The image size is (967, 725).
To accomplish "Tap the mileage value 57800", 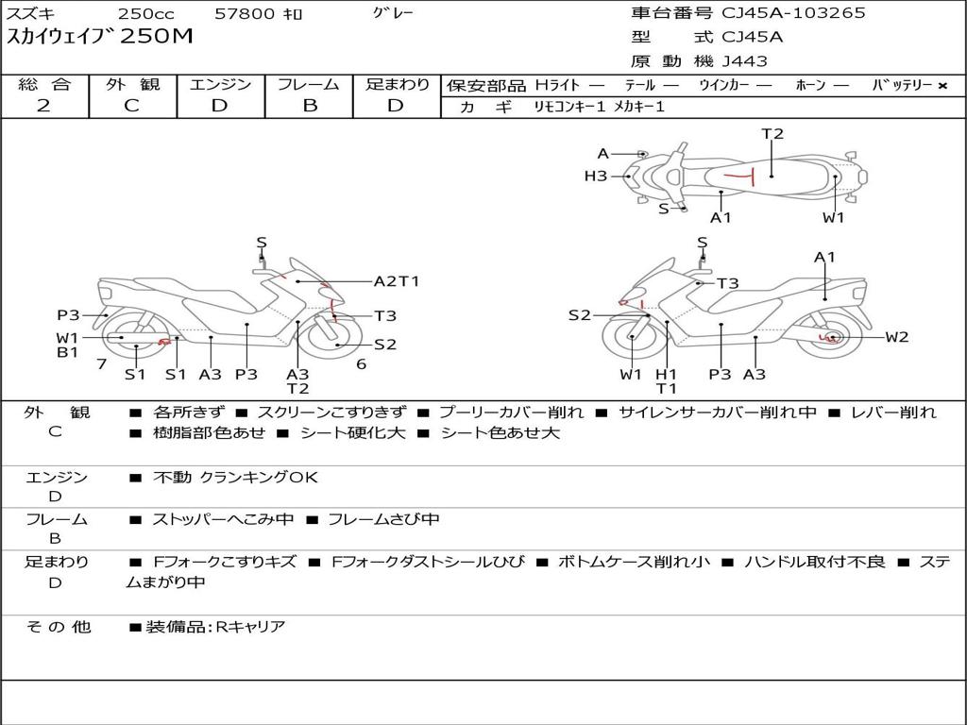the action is [245, 14].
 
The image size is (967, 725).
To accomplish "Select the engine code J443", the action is [745, 61].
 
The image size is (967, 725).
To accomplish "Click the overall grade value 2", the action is [43, 106].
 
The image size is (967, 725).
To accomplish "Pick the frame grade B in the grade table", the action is [310, 106].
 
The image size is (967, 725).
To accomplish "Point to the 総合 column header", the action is [44, 85].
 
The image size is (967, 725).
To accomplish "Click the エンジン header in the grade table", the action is [220, 85].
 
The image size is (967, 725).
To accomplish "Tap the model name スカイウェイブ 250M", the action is [99, 38].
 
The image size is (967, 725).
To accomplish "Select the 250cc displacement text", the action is [145, 14].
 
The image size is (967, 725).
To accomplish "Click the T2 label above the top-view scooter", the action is [772, 134].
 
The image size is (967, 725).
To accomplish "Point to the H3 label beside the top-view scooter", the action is [595, 176].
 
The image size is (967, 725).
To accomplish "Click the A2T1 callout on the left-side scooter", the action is [396, 281].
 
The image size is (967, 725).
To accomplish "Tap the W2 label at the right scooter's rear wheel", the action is [896, 337].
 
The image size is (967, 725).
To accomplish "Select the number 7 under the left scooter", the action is [101, 364].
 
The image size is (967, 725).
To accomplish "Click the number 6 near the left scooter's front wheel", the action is [361, 364].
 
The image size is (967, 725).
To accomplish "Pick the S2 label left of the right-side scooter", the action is [579, 315].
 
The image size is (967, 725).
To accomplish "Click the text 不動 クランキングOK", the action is [235, 478].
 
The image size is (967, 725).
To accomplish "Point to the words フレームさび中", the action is [382, 519].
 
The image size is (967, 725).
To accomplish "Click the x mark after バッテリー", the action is [942, 86].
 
